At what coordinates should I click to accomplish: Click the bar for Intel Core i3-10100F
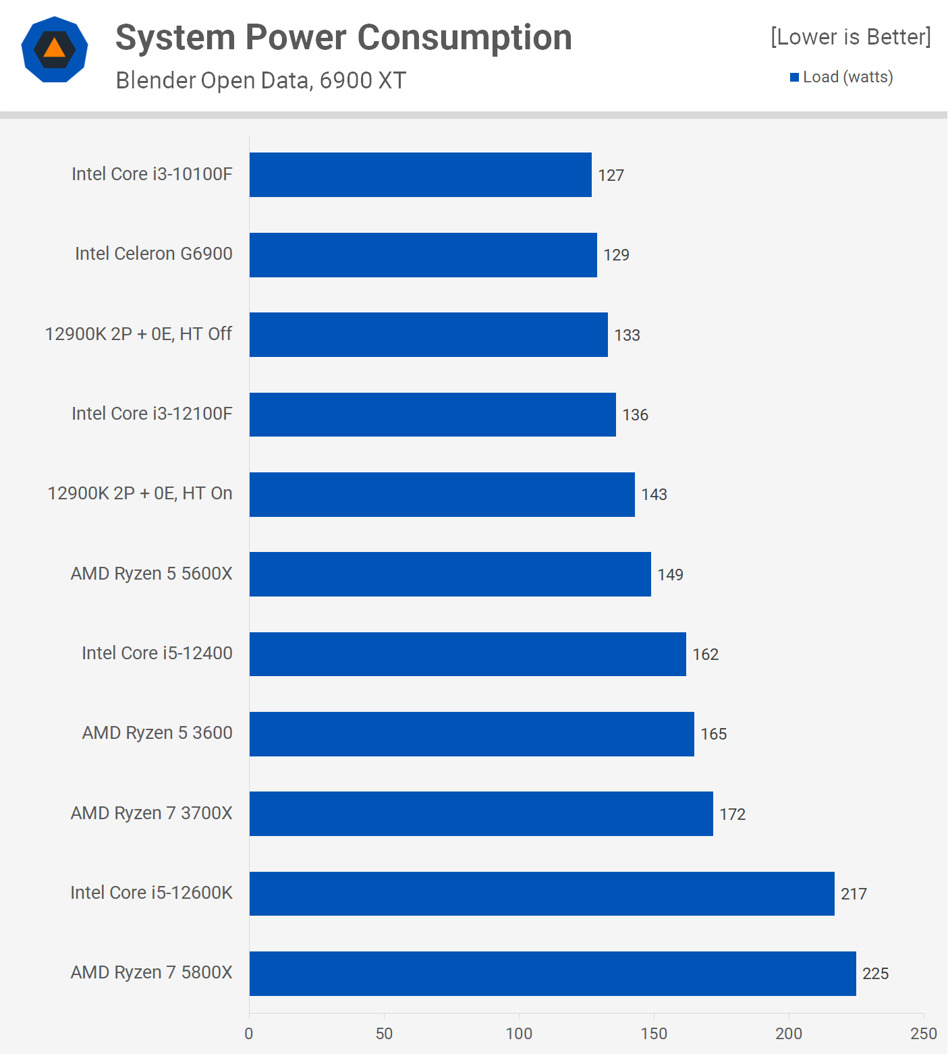point(420,175)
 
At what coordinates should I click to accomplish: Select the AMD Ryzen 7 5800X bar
point(553,973)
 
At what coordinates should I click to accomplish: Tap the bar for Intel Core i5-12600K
point(542,893)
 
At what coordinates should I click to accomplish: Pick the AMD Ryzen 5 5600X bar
point(450,574)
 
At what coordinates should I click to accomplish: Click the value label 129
point(616,255)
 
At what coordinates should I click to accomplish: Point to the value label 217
point(854,894)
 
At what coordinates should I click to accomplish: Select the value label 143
point(654,495)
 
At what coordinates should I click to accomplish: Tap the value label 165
point(713,734)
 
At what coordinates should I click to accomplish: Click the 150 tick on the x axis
point(654,1034)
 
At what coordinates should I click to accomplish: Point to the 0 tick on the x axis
point(249,1034)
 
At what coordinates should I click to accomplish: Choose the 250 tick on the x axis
point(923,1034)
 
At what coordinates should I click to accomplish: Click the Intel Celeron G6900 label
point(154,254)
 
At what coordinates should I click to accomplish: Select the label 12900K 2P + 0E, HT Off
point(138,334)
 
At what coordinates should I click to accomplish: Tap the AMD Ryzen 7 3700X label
point(152,813)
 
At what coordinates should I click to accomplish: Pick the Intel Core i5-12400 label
point(157,653)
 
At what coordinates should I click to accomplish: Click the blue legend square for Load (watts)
point(794,78)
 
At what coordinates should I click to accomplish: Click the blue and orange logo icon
point(55,49)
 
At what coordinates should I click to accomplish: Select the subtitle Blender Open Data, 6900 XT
point(261,80)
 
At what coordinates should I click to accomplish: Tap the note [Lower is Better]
point(850,36)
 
